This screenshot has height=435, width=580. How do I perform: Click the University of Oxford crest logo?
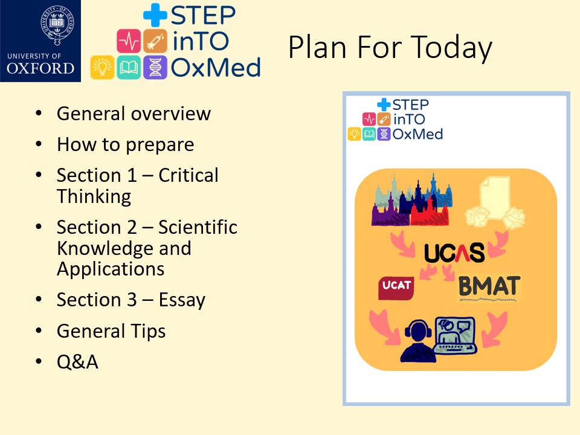40,40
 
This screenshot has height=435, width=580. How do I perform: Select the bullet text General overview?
134,114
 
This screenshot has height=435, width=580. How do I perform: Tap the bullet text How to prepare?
126,144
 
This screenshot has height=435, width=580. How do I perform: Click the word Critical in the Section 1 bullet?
188,175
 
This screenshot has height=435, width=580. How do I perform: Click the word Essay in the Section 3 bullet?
182,300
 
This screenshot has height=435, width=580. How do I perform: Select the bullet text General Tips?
111,331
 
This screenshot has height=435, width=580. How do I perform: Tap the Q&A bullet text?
77,362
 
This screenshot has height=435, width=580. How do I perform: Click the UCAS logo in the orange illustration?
454,253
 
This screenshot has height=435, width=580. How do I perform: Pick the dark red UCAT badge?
396,288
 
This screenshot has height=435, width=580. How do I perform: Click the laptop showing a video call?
454,335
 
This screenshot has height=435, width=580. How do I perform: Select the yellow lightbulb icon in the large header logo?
102,67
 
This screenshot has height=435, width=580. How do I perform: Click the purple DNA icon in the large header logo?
155,67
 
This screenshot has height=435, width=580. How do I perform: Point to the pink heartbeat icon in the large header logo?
129,41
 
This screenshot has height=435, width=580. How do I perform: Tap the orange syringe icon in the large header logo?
155,41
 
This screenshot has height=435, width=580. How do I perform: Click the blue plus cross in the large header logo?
155,14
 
